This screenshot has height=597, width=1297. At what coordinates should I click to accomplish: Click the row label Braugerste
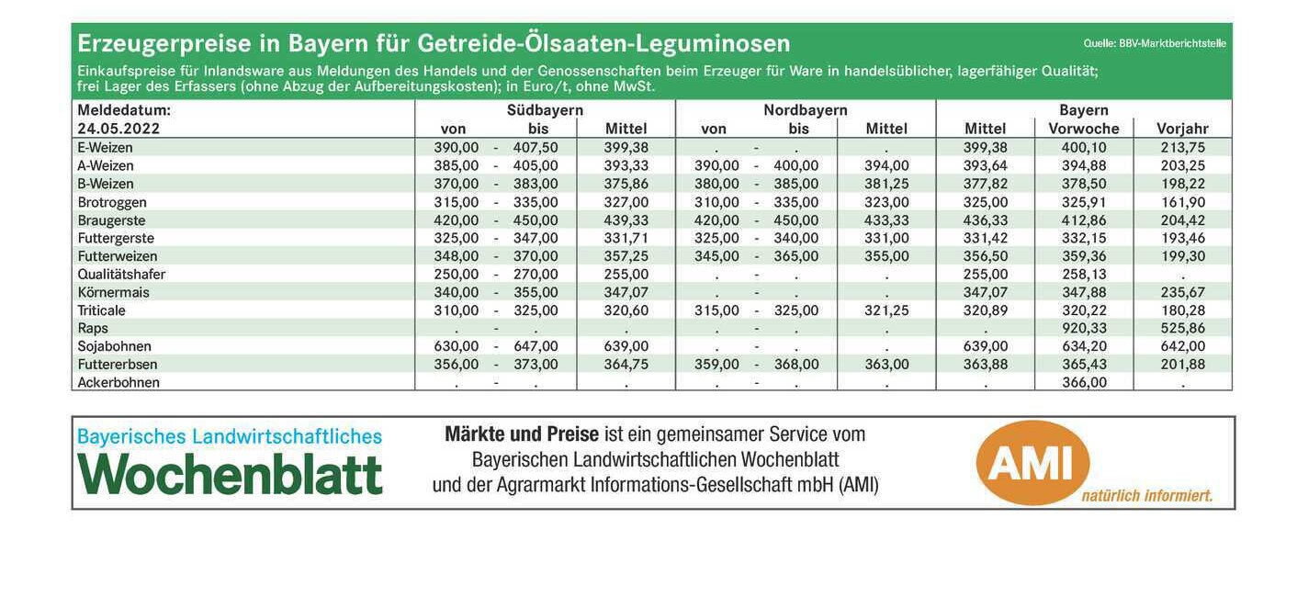111,220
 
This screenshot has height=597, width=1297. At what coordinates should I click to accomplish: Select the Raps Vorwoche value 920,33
1084,328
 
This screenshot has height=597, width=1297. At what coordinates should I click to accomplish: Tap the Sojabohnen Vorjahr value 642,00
1183,346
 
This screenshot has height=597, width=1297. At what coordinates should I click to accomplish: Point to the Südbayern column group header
545,110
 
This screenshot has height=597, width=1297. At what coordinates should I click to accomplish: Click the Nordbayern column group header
806,110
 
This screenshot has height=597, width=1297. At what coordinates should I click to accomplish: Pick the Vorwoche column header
1084,129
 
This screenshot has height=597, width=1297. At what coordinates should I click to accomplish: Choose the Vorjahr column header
1182,129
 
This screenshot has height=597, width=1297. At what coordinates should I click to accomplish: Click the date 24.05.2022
118,129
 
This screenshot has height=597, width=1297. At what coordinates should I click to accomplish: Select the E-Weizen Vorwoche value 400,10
1084,148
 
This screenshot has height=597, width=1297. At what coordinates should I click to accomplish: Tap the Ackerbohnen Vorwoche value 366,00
1084,382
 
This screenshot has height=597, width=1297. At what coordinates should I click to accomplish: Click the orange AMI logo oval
1032,463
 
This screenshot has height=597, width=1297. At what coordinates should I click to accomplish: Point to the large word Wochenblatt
230,474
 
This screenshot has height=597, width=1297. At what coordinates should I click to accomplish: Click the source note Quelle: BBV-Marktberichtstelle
1155,43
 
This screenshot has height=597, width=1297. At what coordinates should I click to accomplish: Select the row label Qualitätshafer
121,274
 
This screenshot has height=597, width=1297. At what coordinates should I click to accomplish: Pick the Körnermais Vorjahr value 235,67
1183,292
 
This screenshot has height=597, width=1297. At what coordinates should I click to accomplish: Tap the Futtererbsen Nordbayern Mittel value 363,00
886,365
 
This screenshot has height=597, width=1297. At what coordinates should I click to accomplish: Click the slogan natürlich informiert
1147,496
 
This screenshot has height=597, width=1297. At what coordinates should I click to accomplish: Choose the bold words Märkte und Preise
522,434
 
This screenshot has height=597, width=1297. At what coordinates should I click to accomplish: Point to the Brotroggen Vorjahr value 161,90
1183,202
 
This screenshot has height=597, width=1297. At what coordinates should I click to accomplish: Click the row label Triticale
101,310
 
